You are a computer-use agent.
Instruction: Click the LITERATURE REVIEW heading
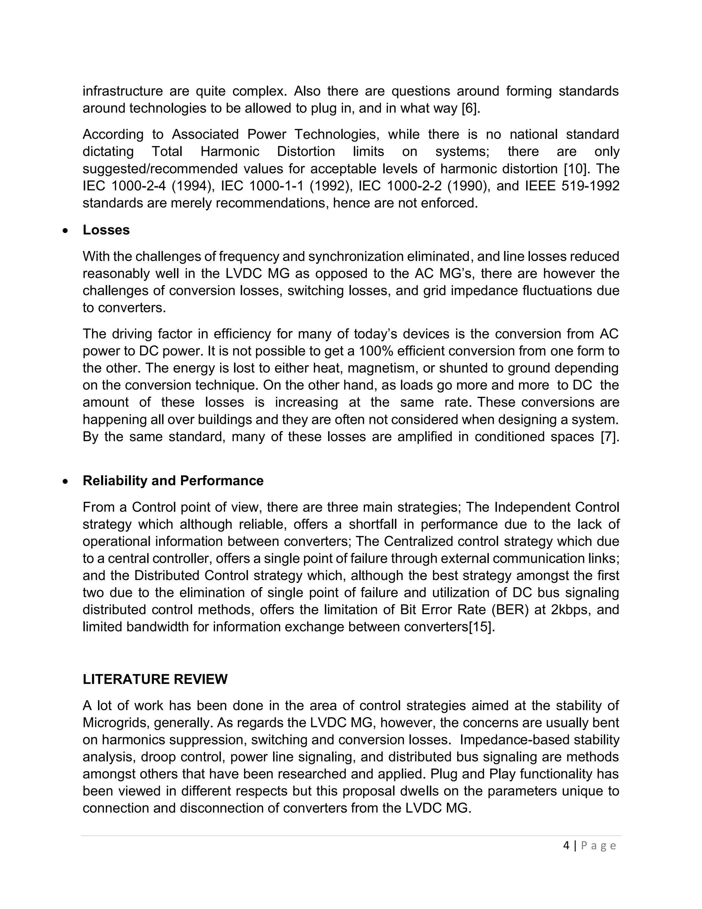point(155,679)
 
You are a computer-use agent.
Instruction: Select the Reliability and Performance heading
point(173,480)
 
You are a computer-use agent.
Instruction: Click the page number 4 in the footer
point(566,845)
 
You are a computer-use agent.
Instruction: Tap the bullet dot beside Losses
point(65,231)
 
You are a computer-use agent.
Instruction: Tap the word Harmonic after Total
point(230,152)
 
